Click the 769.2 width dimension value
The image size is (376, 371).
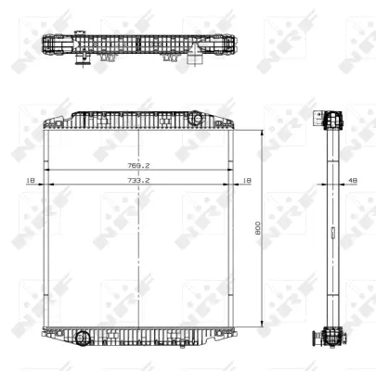pos(139,166)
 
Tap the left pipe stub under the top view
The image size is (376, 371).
pos(82,61)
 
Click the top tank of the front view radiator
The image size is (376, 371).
pos(139,121)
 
